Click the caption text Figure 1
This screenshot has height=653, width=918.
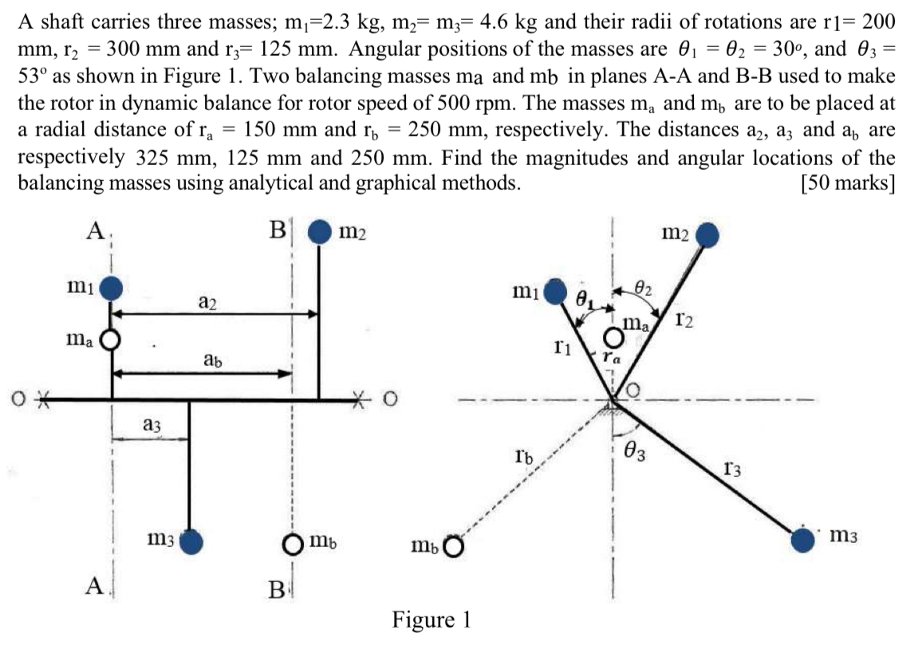tap(431, 620)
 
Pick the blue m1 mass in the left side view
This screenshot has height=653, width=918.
tap(112, 285)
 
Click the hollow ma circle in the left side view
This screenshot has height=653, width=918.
tap(111, 341)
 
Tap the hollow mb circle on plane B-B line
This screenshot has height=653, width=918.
tap(293, 545)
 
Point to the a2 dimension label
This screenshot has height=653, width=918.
tap(206, 302)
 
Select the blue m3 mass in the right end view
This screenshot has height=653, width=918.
tap(803, 540)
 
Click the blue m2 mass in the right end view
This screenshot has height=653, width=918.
tap(707, 235)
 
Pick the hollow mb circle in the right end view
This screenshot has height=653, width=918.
tap(453, 547)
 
